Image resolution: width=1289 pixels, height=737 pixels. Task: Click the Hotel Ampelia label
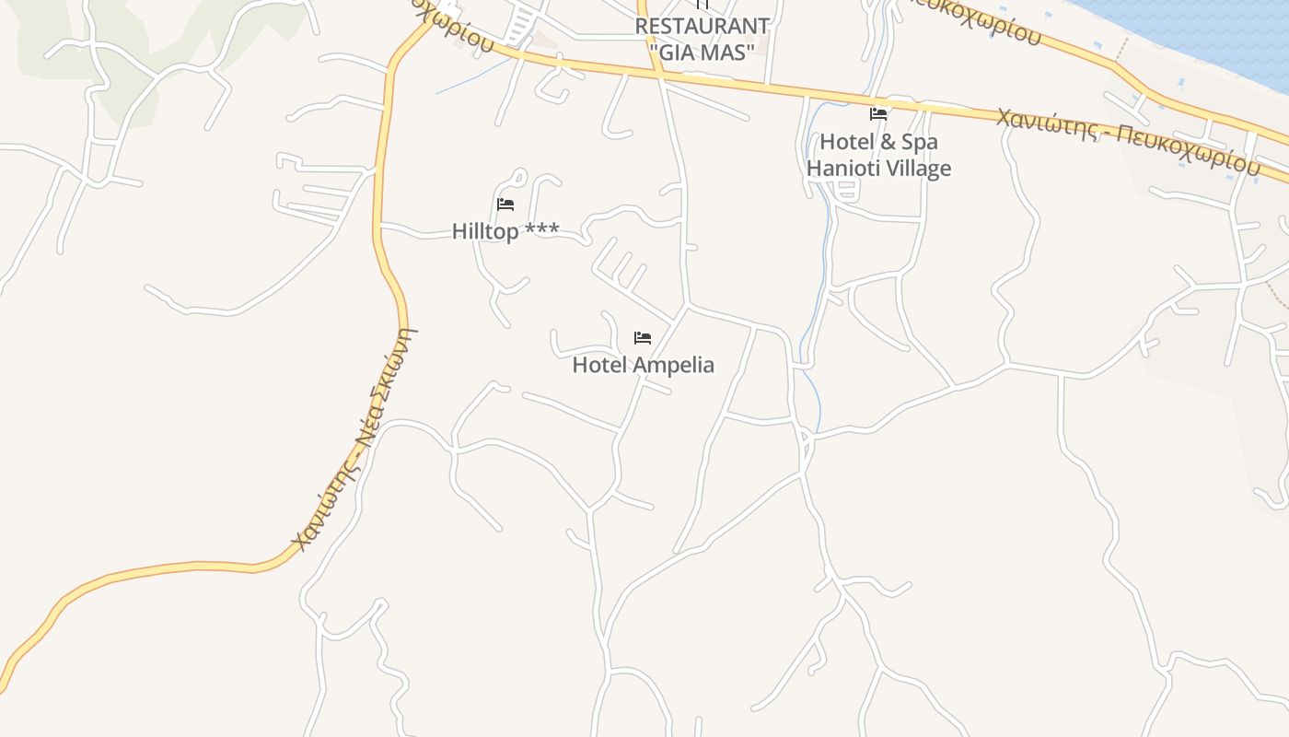[x=643, y=365]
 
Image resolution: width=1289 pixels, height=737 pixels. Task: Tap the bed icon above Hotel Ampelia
[x=643, y=338]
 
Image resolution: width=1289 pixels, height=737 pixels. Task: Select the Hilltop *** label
[x=505, y=231]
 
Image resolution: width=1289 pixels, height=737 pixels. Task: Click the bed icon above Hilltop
[x=505, y=204]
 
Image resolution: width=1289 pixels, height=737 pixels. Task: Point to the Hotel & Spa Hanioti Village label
[x=878, y=155]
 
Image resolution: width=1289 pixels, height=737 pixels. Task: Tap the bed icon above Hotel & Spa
[x=878, y=114]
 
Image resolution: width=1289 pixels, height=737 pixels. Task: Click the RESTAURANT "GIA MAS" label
[x=702, y=39]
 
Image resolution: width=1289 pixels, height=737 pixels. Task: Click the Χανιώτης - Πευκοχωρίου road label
[x=1127, y=141]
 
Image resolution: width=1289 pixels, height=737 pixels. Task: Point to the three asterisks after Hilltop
[x=541, y=230]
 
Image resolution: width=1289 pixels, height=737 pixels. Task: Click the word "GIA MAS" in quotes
[x=702, y=53]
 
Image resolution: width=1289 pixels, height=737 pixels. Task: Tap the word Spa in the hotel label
[x=920, y=142]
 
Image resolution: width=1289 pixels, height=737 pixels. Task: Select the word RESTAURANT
[x=702, y=26]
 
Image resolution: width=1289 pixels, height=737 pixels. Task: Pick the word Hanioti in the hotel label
[x=840, y=169]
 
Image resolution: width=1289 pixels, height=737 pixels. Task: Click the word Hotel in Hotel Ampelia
[x=595, y=365]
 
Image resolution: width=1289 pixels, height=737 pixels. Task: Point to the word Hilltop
[x=485, y=231]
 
